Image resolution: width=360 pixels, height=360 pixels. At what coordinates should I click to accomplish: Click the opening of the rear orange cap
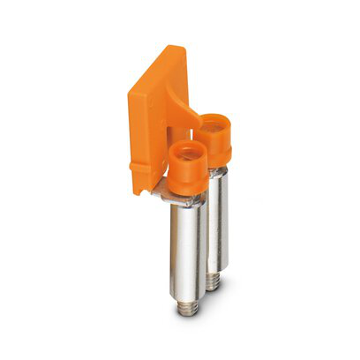click(x=214, y=127)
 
